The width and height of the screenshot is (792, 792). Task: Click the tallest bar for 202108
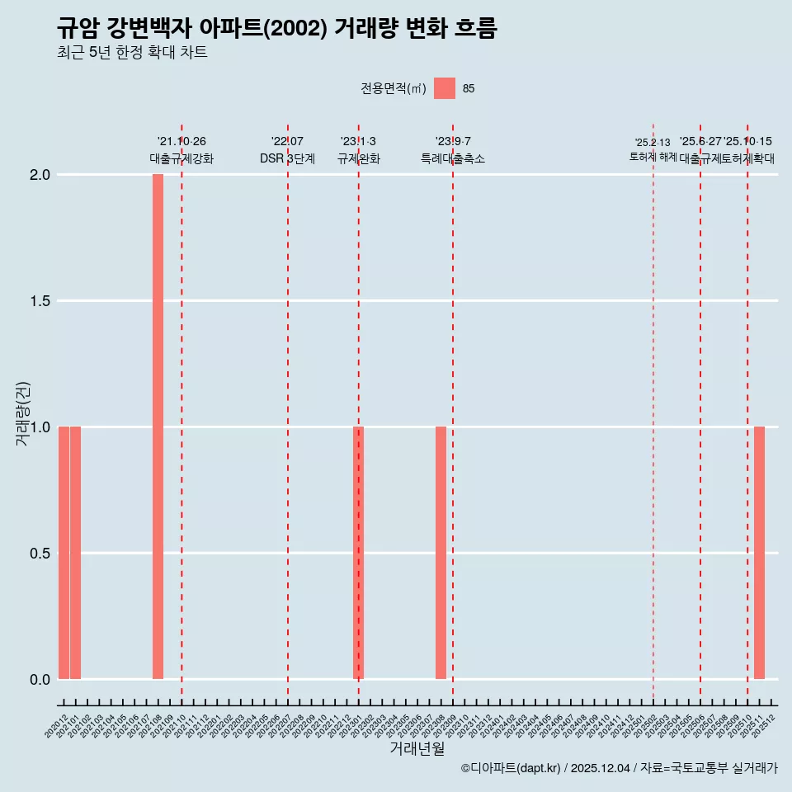pos(158,427)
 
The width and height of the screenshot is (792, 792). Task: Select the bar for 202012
pos(64,553)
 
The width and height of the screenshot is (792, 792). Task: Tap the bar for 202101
pos(75,553)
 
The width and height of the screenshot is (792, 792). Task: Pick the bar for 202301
pos(358,553)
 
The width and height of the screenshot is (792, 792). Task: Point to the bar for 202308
pos(441,553)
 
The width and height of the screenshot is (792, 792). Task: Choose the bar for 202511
pos(759,553)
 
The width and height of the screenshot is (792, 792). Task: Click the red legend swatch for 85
pos(445,88)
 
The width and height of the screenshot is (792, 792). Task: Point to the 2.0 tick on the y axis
pos(40,175)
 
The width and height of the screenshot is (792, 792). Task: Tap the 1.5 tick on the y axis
pos(40,301)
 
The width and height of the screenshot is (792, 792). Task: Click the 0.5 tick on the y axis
pos(40,553)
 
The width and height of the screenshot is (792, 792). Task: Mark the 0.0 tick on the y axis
pos(40,679)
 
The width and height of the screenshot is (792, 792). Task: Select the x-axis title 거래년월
pos(417,748)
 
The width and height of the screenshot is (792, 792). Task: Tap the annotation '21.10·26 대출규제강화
pos(181,150)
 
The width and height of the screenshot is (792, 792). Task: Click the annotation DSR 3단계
pos(287,158)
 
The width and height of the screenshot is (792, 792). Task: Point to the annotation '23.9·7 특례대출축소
pos(453,150)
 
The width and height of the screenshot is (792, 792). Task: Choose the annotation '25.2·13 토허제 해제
pos(653,149)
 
